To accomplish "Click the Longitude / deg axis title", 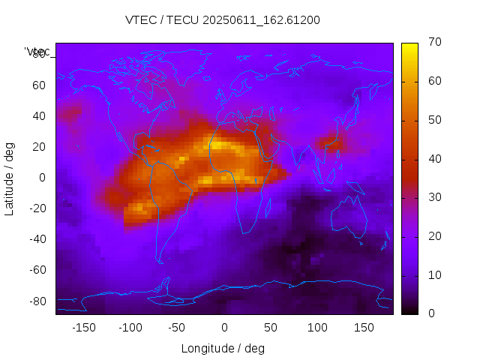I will (223, 348).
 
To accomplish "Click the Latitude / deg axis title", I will (10, 178).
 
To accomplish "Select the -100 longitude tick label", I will (130, 327).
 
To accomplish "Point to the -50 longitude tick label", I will (176, 327).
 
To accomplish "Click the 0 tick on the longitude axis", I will (224, 327).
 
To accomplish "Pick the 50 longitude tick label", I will (271, 327).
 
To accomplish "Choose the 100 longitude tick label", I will (317, 327).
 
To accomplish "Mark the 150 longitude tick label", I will (364, 327).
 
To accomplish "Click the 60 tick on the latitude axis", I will (39, 85).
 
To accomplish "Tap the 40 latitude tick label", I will (39, 116).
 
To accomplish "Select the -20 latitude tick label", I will (37, 208).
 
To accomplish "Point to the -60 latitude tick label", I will (37, 270).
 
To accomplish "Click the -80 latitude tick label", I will (37, 301).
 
